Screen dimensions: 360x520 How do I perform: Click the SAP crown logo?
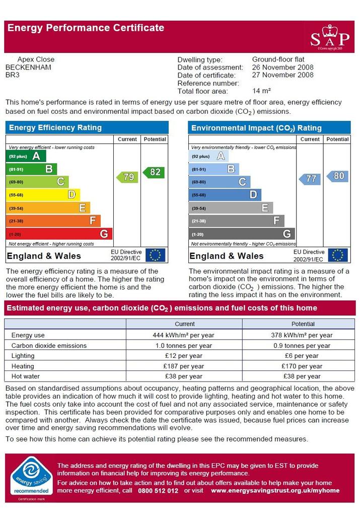[330, 37]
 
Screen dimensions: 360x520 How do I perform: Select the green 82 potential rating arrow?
[154, 172]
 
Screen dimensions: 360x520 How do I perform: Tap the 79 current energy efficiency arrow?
[127, 177]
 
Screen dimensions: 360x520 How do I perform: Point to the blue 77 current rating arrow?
[310, 179]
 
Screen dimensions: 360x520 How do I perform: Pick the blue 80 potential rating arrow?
[337, 176]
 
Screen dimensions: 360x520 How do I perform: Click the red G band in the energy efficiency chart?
[59, 234]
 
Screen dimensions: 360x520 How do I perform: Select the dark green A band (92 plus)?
[26, 156]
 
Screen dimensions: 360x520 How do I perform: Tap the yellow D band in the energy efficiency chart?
[43, 195]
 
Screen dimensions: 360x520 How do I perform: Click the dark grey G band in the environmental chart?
[242, 234]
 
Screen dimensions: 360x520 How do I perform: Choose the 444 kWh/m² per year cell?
[183, 335]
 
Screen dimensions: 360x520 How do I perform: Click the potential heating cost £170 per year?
[302, 366]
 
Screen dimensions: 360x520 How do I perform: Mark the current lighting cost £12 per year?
[183, 356]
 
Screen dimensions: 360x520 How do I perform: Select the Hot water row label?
[26, 377]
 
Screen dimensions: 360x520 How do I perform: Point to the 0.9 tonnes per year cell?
[302, 345]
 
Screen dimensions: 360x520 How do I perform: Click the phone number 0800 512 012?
[158, 490]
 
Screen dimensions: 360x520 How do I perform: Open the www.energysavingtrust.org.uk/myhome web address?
[275, 490]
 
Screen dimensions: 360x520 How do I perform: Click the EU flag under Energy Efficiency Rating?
[155, 255]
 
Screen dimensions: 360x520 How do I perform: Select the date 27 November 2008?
[282, 75]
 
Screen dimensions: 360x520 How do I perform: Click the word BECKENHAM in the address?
[28, 67]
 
